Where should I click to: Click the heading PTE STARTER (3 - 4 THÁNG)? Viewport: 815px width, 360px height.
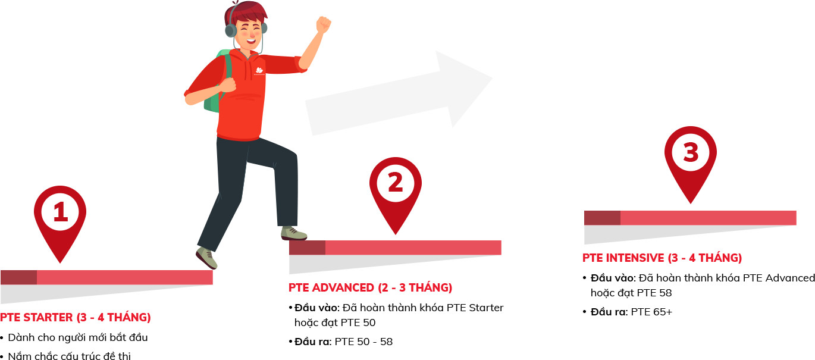(76, 317)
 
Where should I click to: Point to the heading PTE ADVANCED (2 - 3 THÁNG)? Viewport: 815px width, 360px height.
(371, 287)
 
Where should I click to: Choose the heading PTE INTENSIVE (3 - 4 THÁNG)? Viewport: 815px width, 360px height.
(662, 258)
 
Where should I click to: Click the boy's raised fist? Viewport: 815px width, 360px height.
(323, 25)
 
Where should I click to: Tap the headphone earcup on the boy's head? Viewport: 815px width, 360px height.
(231, 30)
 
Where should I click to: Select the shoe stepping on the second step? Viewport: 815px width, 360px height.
(294, 233)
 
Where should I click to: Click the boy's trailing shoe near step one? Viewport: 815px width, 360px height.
(206, 258)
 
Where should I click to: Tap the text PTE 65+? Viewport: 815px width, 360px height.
(651, 312)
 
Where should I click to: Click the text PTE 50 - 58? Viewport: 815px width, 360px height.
(363, 342)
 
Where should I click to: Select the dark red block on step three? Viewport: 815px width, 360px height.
(602, 218)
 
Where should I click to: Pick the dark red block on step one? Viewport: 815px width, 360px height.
(18, 277)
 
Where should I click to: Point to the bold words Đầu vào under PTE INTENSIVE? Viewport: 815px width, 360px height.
(613, 278)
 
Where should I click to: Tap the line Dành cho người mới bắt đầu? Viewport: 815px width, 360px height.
(77, 338)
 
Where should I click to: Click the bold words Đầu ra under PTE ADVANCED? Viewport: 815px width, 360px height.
(313, 342)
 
